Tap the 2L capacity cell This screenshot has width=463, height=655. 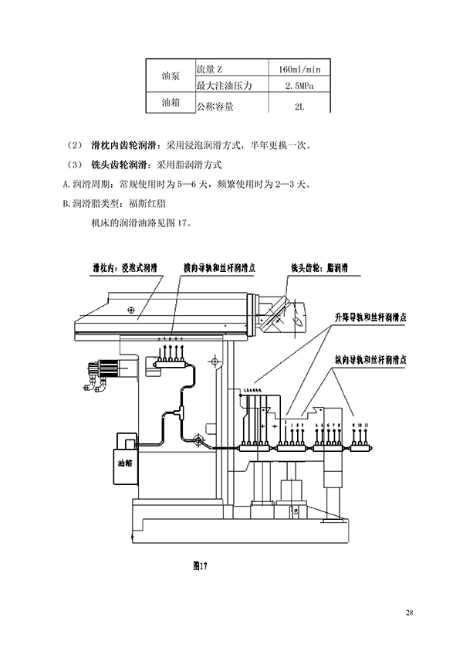coord(299,107)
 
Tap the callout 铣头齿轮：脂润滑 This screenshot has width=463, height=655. coord(319,267)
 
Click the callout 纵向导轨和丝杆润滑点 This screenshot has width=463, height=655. coord(371,360)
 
